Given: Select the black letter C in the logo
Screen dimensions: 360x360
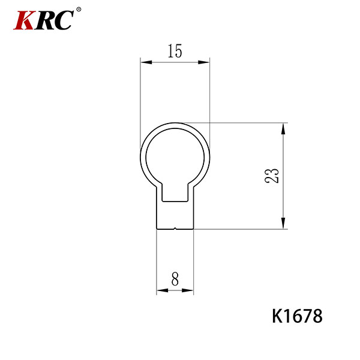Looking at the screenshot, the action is click(64, 20).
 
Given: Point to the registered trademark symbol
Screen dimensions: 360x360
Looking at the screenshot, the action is click(79, 10).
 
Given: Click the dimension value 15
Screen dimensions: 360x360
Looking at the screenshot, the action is click(175, 51).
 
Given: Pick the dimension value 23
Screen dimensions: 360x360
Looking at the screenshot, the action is click(272, 176).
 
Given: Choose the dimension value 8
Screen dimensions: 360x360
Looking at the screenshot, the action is click(175, 279).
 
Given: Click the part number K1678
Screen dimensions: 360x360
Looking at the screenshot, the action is click(297, 316).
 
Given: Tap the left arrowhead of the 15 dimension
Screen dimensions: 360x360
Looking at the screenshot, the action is click(146, 62).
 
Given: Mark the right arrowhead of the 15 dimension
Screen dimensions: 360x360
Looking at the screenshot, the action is click(204, 62).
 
